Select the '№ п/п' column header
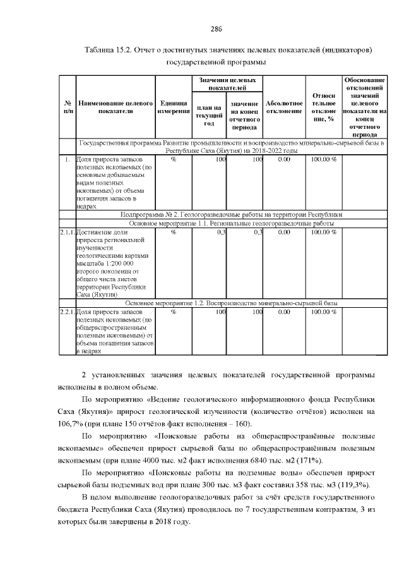click(67, 106)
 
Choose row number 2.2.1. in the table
click(67, 312)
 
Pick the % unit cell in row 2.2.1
click(173, 312)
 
